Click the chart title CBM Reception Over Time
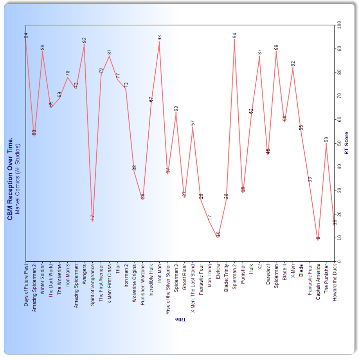[x=10, y=178]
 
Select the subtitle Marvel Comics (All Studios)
[x=17, y=178]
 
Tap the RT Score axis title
[x=347, y=143]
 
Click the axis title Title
[x=180, y=320]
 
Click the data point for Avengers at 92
[x=84, y=44]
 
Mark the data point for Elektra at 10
[x=218, y=238]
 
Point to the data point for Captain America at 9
[x=318, y=240]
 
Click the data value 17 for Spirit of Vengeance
[x=93, y=217]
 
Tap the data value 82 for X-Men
[x=293, y=63]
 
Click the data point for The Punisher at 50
[x=326, y=144]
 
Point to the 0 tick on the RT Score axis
[x=339, y=261]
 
